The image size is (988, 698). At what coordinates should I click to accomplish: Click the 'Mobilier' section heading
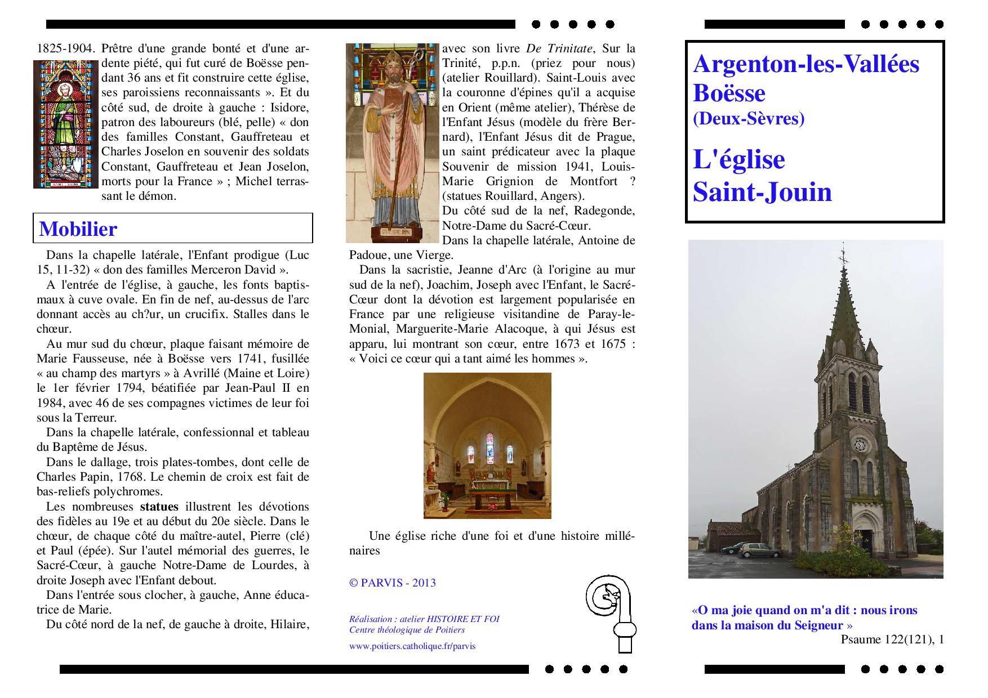click(x=78, y=229)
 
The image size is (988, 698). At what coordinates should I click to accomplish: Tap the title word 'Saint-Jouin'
click(x=762, y=192)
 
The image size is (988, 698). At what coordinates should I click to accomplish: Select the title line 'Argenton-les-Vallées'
click(x=806, y=64)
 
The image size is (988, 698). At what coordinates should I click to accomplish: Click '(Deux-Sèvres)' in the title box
click(x=748, y=119)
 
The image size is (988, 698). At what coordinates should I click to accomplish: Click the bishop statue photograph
click(x=392, y=143)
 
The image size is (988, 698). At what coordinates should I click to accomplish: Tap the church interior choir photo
click(x=487, y=445)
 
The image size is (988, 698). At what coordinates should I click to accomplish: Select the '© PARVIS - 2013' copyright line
click(x=392, y=583)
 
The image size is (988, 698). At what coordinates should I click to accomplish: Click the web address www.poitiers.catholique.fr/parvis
click(x=412, y=646)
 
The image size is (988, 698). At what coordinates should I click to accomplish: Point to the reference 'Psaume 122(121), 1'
click(x=892, y=639)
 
